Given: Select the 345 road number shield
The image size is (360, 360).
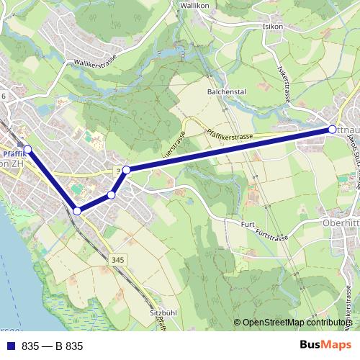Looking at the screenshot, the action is pos(118,260).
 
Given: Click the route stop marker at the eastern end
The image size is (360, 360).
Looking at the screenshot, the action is pos(332,130).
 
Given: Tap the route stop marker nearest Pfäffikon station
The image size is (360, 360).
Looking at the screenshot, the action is pos(28,149).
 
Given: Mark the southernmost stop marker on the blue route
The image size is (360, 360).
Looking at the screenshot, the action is pos(77,211).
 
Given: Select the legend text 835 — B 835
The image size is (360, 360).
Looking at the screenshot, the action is pos(52,346).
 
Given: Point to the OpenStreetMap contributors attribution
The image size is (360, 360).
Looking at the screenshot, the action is pos(297,323).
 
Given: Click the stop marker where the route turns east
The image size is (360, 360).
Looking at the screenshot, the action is pos(126,170).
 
